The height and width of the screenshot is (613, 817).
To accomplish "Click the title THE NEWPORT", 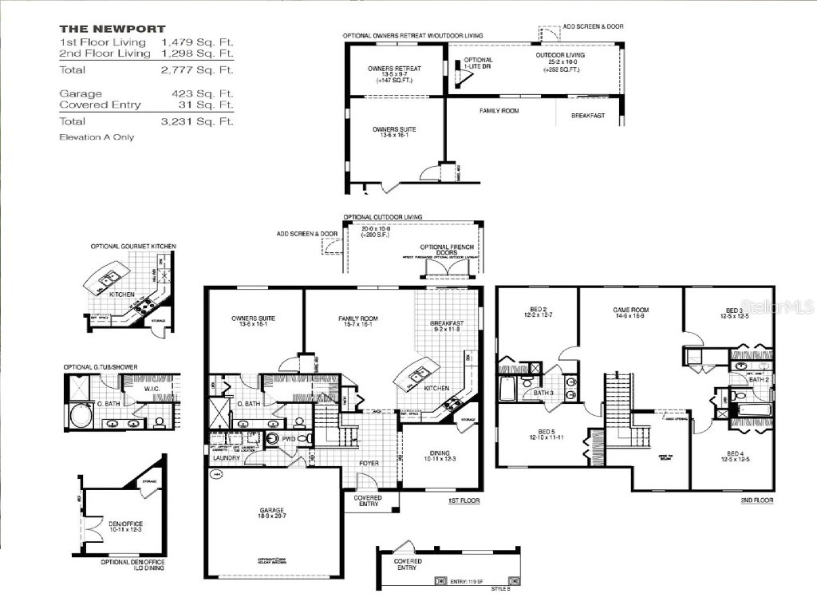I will click(x=112, y=29).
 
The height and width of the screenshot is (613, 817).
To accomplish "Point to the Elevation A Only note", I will click(x=97, y=137).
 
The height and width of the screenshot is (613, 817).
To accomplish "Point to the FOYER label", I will click(x=369, y=463).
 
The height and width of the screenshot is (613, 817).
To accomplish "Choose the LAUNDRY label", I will click(x=226, y=458).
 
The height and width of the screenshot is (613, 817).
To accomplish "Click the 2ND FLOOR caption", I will click(x=756, y=500).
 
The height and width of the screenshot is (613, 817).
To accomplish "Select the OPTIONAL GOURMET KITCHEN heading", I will click(x=132, y=246).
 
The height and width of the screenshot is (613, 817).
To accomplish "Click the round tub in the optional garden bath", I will click(x=82, y=417).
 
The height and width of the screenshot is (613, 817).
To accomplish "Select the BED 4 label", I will click(x=734, y=455).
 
